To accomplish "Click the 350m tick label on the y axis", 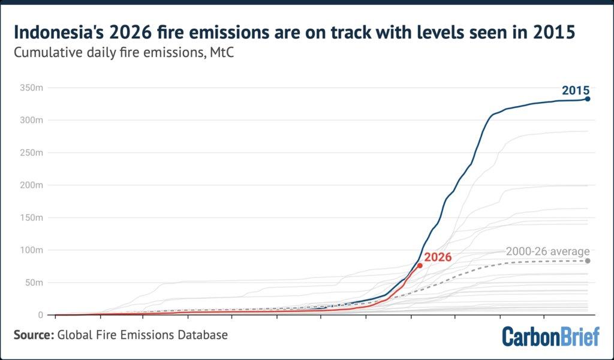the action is click(x=31, y=88).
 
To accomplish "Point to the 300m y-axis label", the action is click(x=31, y=120).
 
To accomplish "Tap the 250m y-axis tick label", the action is click(x=31, y=152).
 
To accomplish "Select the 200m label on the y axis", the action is click(x=31, y=185).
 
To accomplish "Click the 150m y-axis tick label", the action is click(x=31, y=217).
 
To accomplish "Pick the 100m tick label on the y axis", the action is click(x=31, y=250).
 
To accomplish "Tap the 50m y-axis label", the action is click(x=34, y=283).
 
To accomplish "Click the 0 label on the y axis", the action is click(x=40, y=314).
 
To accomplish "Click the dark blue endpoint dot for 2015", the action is click(x=588, y=99).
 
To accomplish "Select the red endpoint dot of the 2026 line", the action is click(x=420, y=266).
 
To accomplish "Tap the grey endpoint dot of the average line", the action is click(x=588, y=261).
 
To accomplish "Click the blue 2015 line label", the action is click(x=576, y=91).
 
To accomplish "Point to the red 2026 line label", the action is click(x=438, y=257).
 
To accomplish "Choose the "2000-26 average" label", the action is click(x=547, y=251).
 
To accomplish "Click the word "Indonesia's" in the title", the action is click(x=58, y=32).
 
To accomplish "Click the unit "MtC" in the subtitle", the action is click(x=222, y=52).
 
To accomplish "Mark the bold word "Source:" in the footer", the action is click(x=34, y=335).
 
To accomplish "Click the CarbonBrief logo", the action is click(x=550, y=336).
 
